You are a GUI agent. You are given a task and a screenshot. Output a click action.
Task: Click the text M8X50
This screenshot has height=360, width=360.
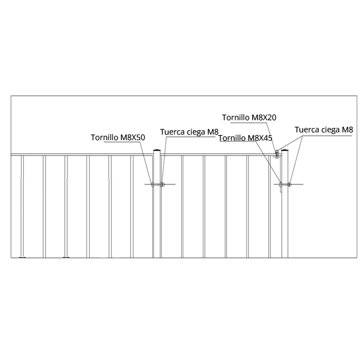[x=133, y=137]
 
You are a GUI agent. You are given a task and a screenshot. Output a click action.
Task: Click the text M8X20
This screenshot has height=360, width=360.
[x=264, y=117]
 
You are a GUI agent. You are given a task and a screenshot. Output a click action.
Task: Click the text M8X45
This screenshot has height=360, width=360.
[x=260, y=138]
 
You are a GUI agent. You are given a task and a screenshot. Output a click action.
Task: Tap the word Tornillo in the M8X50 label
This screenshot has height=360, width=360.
[x=105, y=137]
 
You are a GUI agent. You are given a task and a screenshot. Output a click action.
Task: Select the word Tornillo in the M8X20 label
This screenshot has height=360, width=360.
[x=236, y=117]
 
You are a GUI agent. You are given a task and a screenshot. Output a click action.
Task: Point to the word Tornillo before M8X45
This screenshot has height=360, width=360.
[x=232, y=138]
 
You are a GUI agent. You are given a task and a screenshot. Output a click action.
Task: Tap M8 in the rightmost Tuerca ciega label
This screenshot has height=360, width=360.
[x=347, y=130]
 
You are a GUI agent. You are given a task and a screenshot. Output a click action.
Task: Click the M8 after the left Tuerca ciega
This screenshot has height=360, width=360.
[x=213, y=132]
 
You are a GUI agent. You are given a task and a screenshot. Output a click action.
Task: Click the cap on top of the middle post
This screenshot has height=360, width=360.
[x=157, y=150]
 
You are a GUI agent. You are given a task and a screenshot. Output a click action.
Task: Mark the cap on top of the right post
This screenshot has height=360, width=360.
[x=285, y=150]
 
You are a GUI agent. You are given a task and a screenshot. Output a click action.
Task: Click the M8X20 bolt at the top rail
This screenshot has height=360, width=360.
[x=277, y=155]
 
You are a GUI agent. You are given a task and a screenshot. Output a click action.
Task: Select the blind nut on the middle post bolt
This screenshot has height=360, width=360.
[x=162, y=184]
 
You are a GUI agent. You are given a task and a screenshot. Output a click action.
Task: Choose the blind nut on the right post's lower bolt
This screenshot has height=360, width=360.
[x=290, y=184]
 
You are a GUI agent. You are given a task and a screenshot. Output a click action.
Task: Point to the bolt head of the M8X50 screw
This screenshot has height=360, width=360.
[x=152, y=184]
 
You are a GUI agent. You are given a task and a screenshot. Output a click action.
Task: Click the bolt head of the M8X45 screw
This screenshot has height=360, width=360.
[x=280, y=184]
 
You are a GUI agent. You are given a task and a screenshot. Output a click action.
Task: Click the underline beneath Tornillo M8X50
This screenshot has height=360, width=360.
[x=122, y=142]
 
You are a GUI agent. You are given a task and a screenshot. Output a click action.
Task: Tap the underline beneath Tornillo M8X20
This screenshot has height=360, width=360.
[x=249, y=122]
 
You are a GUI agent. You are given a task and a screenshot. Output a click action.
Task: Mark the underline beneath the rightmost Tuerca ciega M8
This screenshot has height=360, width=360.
[x=327, y=136]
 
